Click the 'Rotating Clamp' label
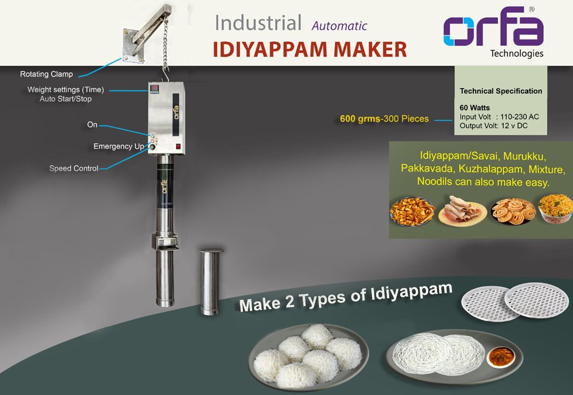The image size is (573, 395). click(x=46, y=74)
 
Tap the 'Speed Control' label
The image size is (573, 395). click(x=73, y=168)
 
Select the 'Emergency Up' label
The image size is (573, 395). click(x=119, y=147)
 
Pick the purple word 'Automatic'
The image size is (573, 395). click(x=339, y=26)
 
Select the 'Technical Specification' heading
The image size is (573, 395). click(x=501, y=91)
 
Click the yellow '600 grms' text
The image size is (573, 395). click(x=359, y=119)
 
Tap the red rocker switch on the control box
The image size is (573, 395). click(x=178, y=146)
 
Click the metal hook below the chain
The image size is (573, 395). click(x=166, y=73)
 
